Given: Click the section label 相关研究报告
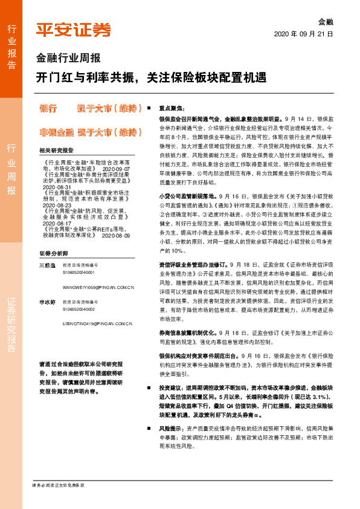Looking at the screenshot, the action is [x=56, y=151].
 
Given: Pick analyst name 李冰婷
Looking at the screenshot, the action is [x=47, y=301].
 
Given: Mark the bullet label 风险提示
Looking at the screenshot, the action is [x=172, y=427].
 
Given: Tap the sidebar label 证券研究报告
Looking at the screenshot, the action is [x=11, y=324].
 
